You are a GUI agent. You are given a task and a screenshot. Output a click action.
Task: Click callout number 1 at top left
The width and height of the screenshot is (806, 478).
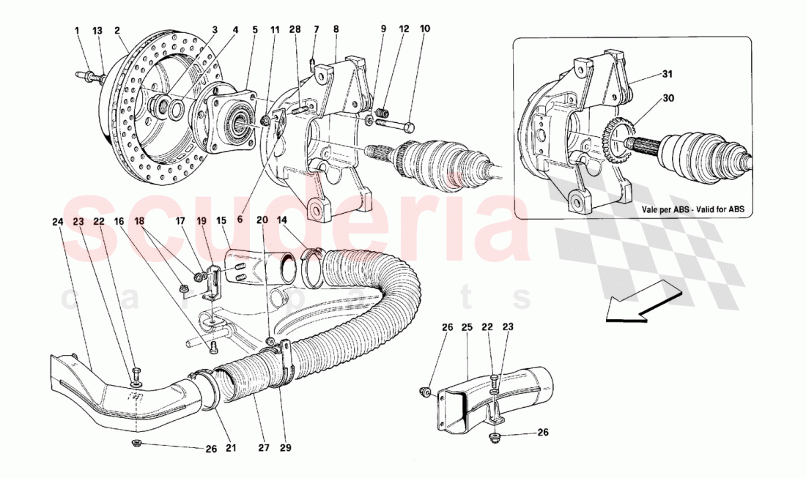pos(77,30)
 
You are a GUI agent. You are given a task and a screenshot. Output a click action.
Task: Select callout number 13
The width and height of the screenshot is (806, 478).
pos(97,30)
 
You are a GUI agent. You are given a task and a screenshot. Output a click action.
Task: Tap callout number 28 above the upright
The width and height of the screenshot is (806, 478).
pos(295,30)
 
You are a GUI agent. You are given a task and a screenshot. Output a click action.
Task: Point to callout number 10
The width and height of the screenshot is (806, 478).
pos(425,30)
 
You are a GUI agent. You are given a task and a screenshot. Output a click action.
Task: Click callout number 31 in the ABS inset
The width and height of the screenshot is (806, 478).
pos(667,73)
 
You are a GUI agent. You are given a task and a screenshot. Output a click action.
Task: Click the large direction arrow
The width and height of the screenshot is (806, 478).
pos(635,302)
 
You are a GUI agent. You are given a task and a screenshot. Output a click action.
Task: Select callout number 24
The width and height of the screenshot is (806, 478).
pos(58,222)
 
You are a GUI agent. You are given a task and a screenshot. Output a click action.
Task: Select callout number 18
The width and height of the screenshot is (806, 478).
pos(140,221)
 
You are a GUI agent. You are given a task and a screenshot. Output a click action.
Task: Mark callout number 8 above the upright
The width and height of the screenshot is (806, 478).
pos(336,30)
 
